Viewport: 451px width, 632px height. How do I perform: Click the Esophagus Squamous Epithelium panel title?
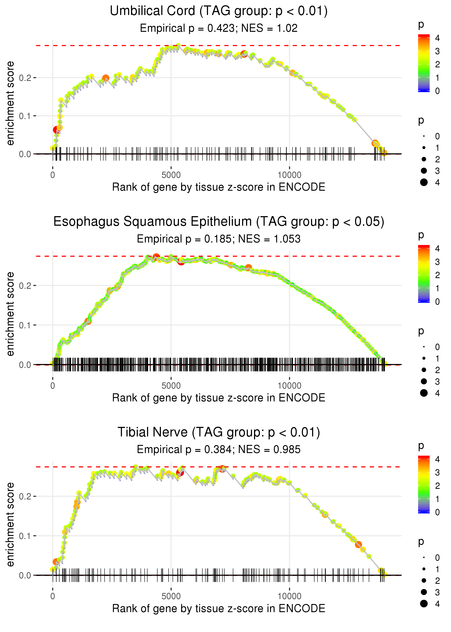tap(219, 222)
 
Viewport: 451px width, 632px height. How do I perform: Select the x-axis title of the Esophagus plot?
tap(219, 398)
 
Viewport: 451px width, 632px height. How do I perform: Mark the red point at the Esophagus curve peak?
tap(156, 257)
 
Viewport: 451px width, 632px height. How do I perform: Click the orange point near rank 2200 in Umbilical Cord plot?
tap(106, 78)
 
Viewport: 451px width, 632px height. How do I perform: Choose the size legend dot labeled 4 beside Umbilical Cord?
tap(424, 182)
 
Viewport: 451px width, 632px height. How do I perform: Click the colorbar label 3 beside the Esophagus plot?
tap(437, 262)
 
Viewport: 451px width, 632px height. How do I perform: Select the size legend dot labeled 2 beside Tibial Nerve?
tap(424, 581)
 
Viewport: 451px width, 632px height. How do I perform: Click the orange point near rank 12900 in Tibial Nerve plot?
tap(358, 544)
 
